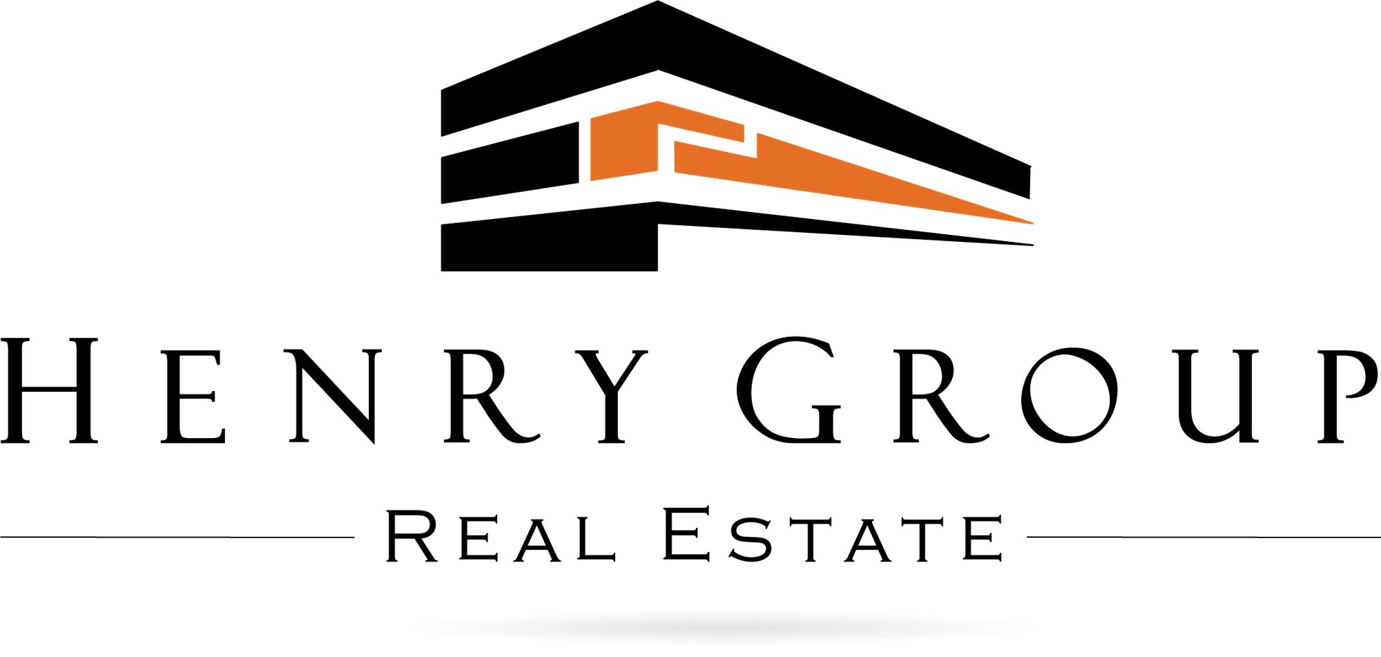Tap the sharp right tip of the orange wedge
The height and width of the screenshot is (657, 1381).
click(x=1033, y=223)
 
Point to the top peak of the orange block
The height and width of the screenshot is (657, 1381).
click(x=657, y=101)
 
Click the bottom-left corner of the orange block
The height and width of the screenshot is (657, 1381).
click(x=590, y=180)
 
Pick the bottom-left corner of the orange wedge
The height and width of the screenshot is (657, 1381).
click(x=674, y=172)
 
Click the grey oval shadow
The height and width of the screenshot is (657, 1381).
click(x=722, y=627)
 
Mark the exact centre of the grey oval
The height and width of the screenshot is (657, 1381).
click(x=722, y=627)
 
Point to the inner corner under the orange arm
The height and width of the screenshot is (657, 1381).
click(x=659, y=126)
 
